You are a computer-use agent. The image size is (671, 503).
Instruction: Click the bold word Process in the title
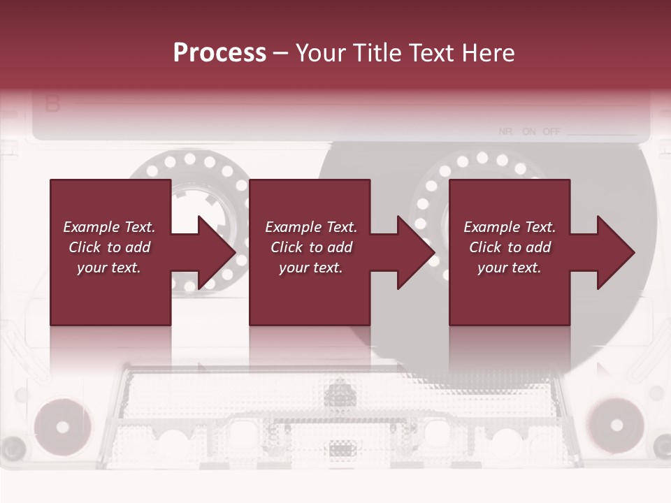(x=219, y=53)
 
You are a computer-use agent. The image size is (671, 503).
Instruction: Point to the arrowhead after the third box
(x=616, y=252)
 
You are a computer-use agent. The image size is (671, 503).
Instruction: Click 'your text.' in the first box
(x=109, y=268)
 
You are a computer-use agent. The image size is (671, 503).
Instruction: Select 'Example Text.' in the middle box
(x=311, y=227)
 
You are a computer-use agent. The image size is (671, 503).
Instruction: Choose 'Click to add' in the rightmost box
(x=510, y=247)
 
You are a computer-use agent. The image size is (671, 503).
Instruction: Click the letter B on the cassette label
(x=52, y=105)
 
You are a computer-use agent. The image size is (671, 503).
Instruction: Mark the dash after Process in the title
(x=281, y=53)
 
